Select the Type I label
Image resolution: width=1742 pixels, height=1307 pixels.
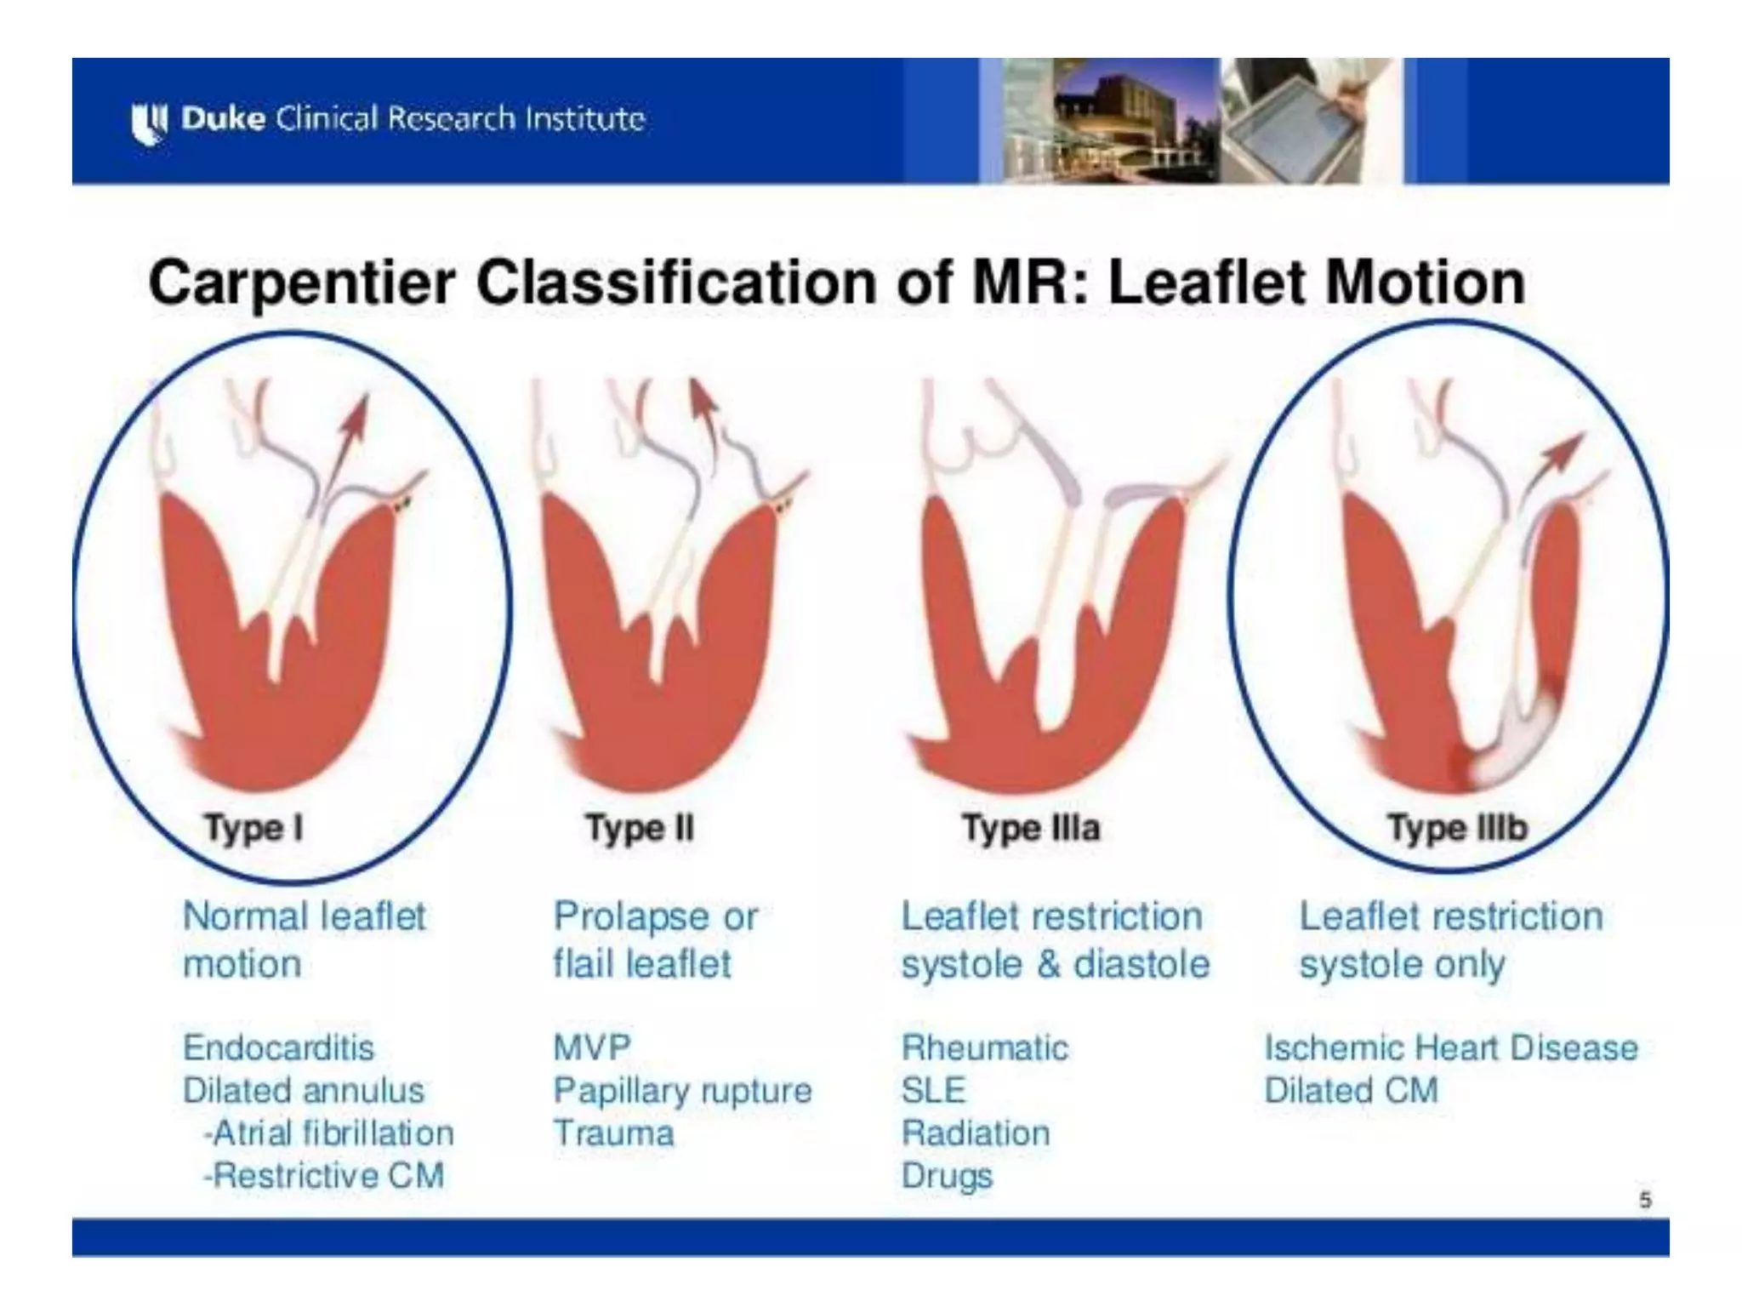[x=253, y=828]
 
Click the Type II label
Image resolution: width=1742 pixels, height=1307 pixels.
[x=640, y=828]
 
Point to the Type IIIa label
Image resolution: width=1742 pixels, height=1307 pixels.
[x=1030, y=828]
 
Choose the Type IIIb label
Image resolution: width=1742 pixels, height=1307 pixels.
[x=1457, y=828]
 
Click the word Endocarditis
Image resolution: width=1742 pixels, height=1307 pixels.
[x=278, y=1047]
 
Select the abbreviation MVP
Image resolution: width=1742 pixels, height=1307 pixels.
[x=592, y=1047]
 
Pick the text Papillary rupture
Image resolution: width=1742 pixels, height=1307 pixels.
[x=682, y=1090]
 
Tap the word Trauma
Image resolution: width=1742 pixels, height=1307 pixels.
[x=613, y=1133]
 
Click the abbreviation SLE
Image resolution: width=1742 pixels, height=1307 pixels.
[x=933, y=1090]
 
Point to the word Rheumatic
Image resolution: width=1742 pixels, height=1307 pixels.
[x=984, y=1047]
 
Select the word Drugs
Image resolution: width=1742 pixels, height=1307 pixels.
[x=947, y=1176]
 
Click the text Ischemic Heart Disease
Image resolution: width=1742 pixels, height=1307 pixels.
[x=1451, y=1047]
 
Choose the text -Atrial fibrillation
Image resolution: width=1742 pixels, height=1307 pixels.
[x=328, y=1133]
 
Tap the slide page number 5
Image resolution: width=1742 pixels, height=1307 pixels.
[x=1645, y=1201]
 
